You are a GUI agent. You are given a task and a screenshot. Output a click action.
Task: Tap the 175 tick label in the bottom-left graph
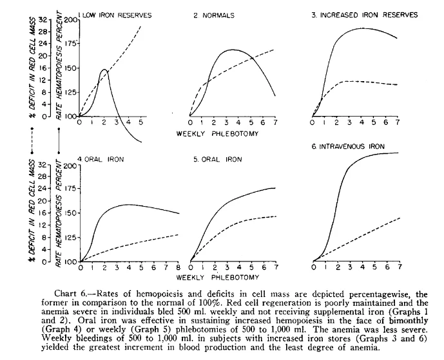[69, 189]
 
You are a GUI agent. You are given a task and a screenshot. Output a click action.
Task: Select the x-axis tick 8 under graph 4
[178, 267]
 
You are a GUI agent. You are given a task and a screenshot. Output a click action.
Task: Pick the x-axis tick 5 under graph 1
[140, 122]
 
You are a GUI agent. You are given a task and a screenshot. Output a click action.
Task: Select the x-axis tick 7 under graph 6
[398, 267]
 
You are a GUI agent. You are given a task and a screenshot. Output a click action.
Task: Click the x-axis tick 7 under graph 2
[275, 122]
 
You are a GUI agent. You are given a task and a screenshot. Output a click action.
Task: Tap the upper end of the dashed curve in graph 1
[140, 26]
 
